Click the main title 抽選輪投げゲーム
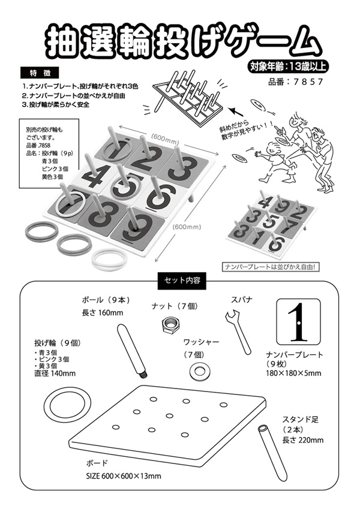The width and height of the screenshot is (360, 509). pyautogui.click(x=180, y=42)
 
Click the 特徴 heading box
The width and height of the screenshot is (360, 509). pyautogui.click(x=39, y=73)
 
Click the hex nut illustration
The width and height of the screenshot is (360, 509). pyautogui.click(x=171, y=326)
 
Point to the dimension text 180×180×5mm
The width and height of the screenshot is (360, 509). pyautogui.click(x=294, y=373)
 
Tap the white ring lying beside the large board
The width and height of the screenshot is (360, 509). pyautogui.click(x=109, y=258)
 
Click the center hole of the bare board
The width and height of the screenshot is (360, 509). pyautogui.click(x=170, y=415)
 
